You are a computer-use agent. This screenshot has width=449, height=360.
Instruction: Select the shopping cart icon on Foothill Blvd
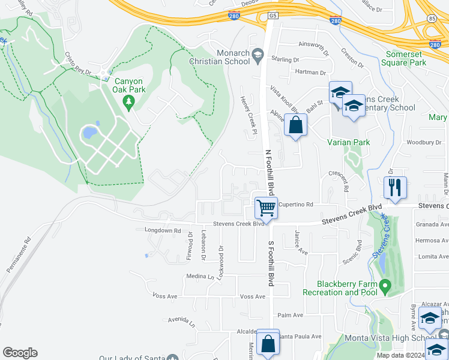(x=266, y=208)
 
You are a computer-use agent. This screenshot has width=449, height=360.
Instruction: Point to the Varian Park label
(x=348, y=142)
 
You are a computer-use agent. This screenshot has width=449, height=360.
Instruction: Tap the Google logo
(x=20, y=353)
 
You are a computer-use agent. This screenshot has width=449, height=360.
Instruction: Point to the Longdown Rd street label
(x=163, y=230)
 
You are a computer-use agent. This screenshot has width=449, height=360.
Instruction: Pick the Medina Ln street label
(x=200, y=277)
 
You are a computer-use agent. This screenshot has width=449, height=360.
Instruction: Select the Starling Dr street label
(x=285, y=60)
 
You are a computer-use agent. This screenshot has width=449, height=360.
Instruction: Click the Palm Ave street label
(x=291, y=315)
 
